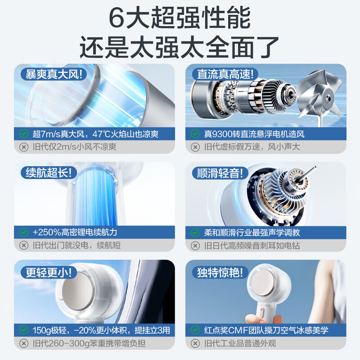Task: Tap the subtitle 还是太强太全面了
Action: [180, 47]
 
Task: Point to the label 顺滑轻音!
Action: [220, 173]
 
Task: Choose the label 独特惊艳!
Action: [220, 272]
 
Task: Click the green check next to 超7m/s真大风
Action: [24, 134]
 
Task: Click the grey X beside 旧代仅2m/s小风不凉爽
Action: [24, 147]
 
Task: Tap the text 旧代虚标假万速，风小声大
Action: [252, 147]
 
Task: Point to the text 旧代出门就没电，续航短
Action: [76, 246]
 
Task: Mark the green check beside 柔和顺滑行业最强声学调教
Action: [195, 233]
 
